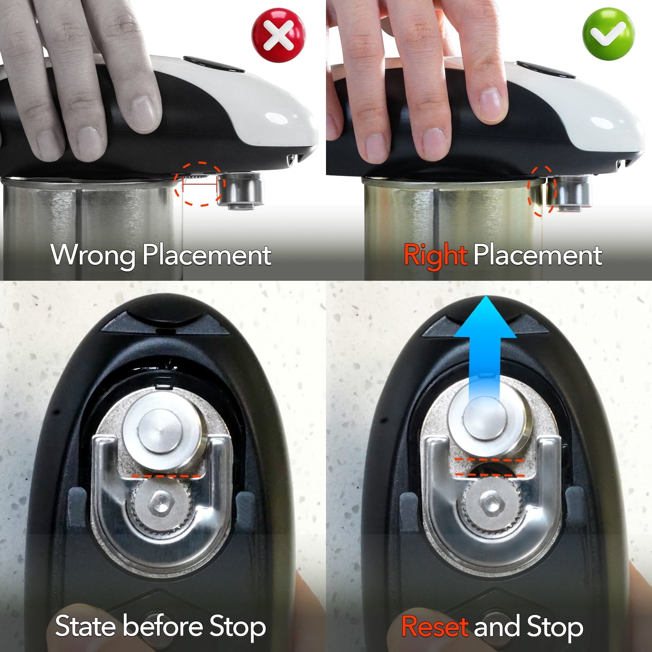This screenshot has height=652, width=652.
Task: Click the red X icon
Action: [x=279, y=35]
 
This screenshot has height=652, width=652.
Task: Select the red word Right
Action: [x=435, y=256]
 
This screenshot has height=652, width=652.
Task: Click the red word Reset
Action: [x=434, y=626]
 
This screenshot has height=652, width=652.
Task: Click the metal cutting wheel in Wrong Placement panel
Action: [x=240, y=190]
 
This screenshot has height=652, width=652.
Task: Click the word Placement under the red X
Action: [x=207, y=256]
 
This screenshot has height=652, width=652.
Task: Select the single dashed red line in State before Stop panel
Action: [x=166, y=476]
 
